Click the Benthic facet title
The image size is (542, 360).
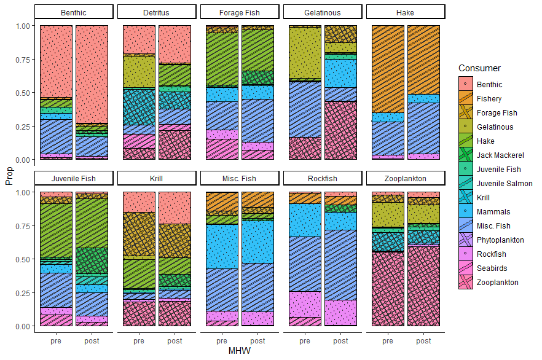(74, 12)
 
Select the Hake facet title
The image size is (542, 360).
(406, 12)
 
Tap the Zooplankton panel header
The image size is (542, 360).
(406, 179)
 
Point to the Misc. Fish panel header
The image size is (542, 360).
(240, 179)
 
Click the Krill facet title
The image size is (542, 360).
(157, 179)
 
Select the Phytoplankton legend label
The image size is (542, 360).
(500, 240)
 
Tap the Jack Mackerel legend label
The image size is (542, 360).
(499, 155)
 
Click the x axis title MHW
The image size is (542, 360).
(238, 351)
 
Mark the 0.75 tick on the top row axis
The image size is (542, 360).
(22, 60)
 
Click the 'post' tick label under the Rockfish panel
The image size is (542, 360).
(340, 340)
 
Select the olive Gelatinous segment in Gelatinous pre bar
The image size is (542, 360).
(305, 52)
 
